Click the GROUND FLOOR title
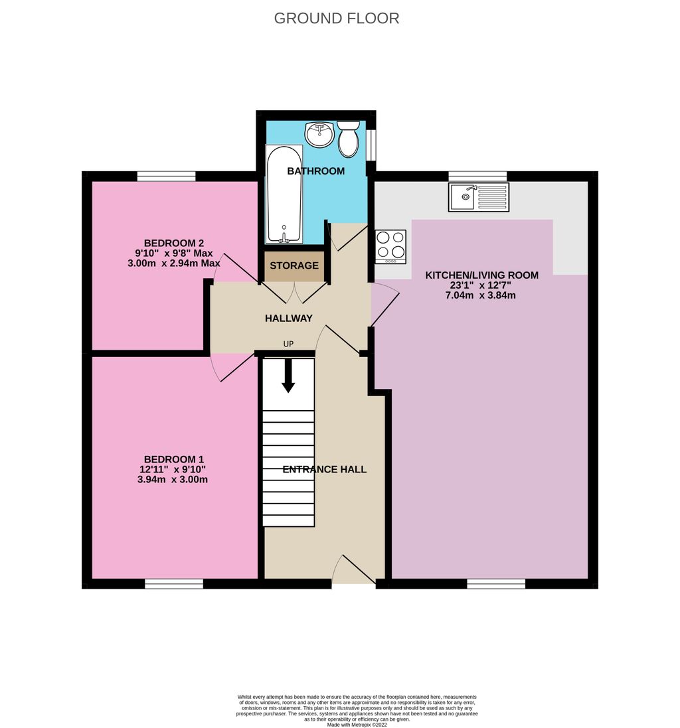(x=337, y=19)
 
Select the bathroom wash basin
(x=319, y=134)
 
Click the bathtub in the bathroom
(x=284, y=194)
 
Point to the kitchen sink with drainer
(x=478, y=197)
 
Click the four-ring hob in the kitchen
(x=390, y=246)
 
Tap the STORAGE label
(x=294, y=265)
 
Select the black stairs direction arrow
(x=288, y=376)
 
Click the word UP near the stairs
(x=288, y=344)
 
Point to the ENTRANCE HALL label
(x=324, y=469)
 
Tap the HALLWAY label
(x=288, y=319)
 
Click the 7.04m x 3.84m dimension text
(x=481, y=295)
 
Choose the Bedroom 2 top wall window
(x=167, y=176)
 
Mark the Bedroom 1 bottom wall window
(x=174, y=583)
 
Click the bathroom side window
(x=372, y=144)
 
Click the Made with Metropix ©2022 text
(x=357, y=725)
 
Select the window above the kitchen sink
(x=477, y=175)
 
